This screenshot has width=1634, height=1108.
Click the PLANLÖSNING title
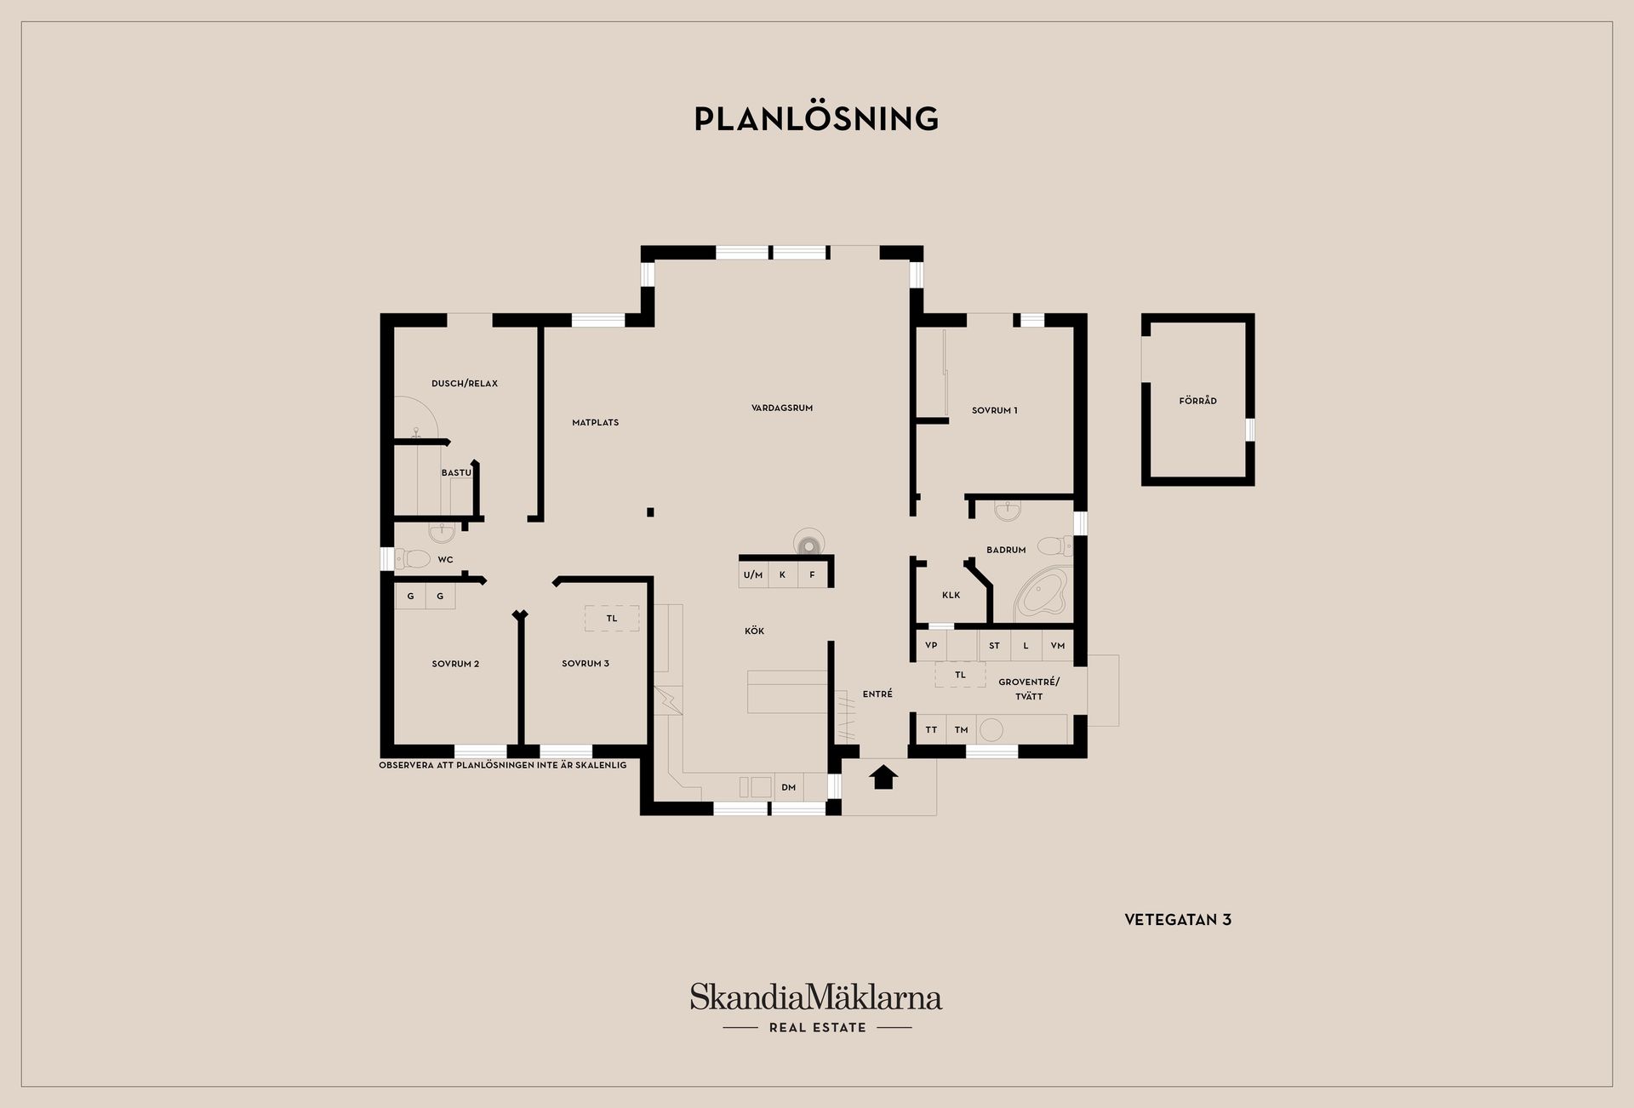pos(816,118)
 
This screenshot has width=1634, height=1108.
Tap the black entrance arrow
pos(883,777)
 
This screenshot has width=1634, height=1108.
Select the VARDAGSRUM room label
pos(782,408)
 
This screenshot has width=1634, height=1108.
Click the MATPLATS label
pos(595,422)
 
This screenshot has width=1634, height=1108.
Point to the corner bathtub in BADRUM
pos(1040,593)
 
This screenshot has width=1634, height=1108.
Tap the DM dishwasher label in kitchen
pos(789,787)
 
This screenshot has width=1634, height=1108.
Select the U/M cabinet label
pos(753,575)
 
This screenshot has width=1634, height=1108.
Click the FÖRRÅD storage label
pos(1197,401)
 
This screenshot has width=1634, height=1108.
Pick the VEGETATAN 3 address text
pos(1178,920)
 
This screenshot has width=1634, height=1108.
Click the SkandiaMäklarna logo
pos(816,1008)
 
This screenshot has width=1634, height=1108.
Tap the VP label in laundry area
pos(931,645)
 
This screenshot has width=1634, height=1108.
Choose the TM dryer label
pos(961,729)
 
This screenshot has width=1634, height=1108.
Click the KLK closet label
pos(951,595)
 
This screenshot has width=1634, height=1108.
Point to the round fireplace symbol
pos(808,542)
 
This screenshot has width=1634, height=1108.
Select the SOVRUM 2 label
pos(455,664)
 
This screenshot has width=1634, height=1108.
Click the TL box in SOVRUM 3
pos(612,619)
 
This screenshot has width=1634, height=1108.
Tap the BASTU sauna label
pos(456,472)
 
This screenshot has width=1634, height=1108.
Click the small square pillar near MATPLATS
pos(650,512)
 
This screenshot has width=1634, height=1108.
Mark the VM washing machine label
pos(1058,645)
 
